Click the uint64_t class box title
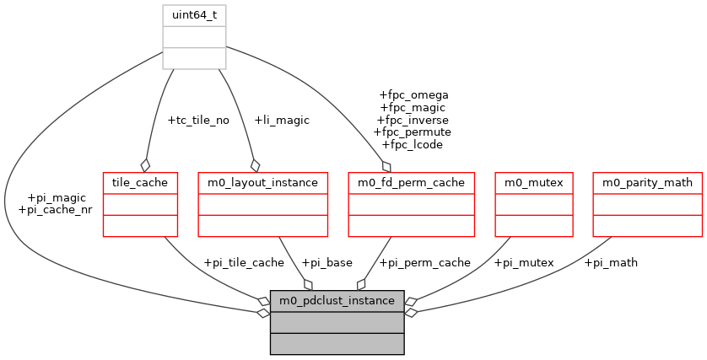pos(194,14)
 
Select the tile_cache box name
pos(140,181)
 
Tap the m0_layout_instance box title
pos(262,181)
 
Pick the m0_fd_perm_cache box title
pos(412,181)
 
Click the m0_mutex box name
pos(527,181)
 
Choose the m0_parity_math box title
pos(648,181)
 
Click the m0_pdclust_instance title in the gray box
pos(337,300)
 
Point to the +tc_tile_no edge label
pos(198,120)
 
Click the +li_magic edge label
pos(282,120)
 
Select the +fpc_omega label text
pos(414,94)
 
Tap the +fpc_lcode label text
pos(413,145)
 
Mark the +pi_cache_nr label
pos(54,209)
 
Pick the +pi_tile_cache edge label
pos(244,262)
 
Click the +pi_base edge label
pos(327,262)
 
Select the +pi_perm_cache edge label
pos(425,262)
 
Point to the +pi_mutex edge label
pos(523,262)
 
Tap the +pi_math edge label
pos(611,262)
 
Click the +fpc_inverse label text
pos(413,120)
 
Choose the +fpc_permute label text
pos(413,132)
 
